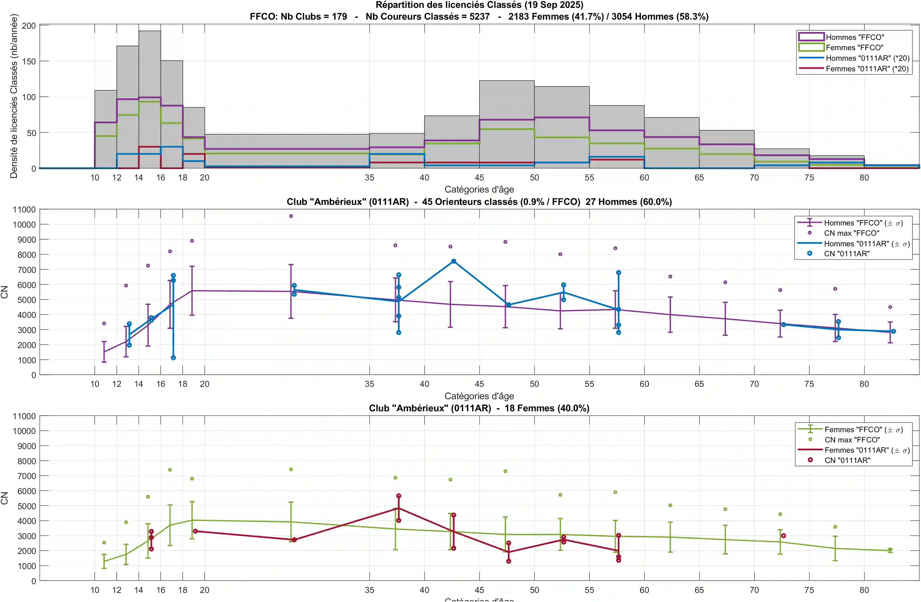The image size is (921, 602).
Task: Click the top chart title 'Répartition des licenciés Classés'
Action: [x=479, y=5]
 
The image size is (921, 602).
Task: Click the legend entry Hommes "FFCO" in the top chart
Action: [x=855, y=37]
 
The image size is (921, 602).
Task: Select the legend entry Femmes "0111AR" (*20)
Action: [x=867, y=69]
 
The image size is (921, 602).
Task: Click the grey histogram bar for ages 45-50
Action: [x=507, y=124]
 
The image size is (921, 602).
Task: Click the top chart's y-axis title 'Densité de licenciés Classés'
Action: [x=14, y=96]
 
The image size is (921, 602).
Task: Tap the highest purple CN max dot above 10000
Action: [x=291, y=216]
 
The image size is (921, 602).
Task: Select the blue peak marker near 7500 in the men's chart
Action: [x=453, y=261]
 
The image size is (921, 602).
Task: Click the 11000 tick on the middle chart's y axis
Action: [x=24, y=209]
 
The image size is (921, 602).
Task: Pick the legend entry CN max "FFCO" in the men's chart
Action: [x=851, y=233]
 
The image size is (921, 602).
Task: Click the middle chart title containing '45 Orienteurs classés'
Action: [x=479, y=202]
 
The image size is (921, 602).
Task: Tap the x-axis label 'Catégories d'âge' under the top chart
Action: [x=479, y=189]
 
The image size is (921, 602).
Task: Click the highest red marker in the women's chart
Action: [x=399, y=496]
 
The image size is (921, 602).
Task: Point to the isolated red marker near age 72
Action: [x=783, y=536]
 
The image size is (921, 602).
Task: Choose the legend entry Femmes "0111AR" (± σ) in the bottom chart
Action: [x=867, y=450]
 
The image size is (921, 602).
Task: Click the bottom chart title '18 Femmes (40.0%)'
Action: [x=479, y=408]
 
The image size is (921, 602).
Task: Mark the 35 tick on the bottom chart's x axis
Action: [x=369, y=590]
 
